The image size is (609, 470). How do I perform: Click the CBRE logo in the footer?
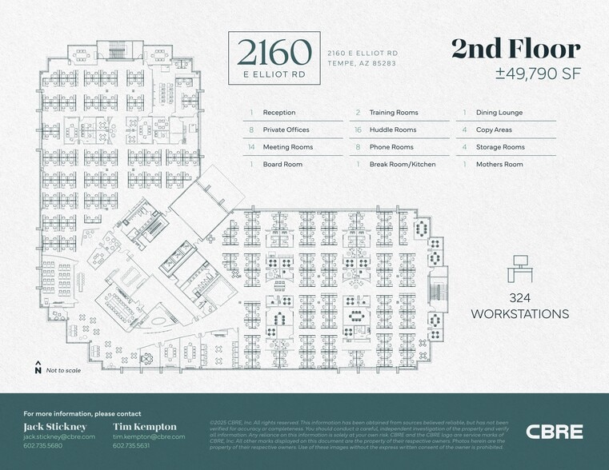click(x=555, y=432)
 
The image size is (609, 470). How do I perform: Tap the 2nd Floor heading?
click(x=515, y=50)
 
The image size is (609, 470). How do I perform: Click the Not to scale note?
click(x=62, y=370)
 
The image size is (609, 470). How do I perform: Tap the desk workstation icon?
click(x=520, y=269)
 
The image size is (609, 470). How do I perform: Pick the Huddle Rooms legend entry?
click(x=392, y=129)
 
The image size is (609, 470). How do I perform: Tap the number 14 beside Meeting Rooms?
click(x=251, y=147)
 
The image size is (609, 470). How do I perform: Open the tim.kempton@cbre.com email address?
click(x=149, y=436)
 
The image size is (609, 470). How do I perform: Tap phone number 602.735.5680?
click(x=44, y=446)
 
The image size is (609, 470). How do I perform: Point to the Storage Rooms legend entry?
click(x=500, y=147)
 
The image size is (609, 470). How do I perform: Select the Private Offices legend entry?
click(x=286, y=129)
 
